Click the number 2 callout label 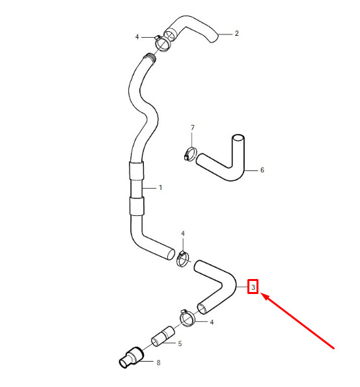click(236, 33)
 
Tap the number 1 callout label click(160, 188)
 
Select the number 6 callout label click(262, 170)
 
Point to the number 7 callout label click(193, 127)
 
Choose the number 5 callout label click(180, 343)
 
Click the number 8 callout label click(158, 362)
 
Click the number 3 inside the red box click(253, 287)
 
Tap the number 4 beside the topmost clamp click(137, 37)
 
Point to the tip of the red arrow click(261, 294)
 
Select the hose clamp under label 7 click(190, 153)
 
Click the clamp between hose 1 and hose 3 click(183, 259)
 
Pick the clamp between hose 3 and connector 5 click(187, 319)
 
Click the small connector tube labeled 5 click(163, 336)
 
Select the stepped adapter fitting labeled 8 click(132, 358)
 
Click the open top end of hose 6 click(238, 138)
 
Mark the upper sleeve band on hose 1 click(136, 170)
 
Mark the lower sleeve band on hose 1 click(137, 206)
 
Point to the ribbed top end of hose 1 click(150, 59)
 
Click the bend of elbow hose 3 click(228, 284)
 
